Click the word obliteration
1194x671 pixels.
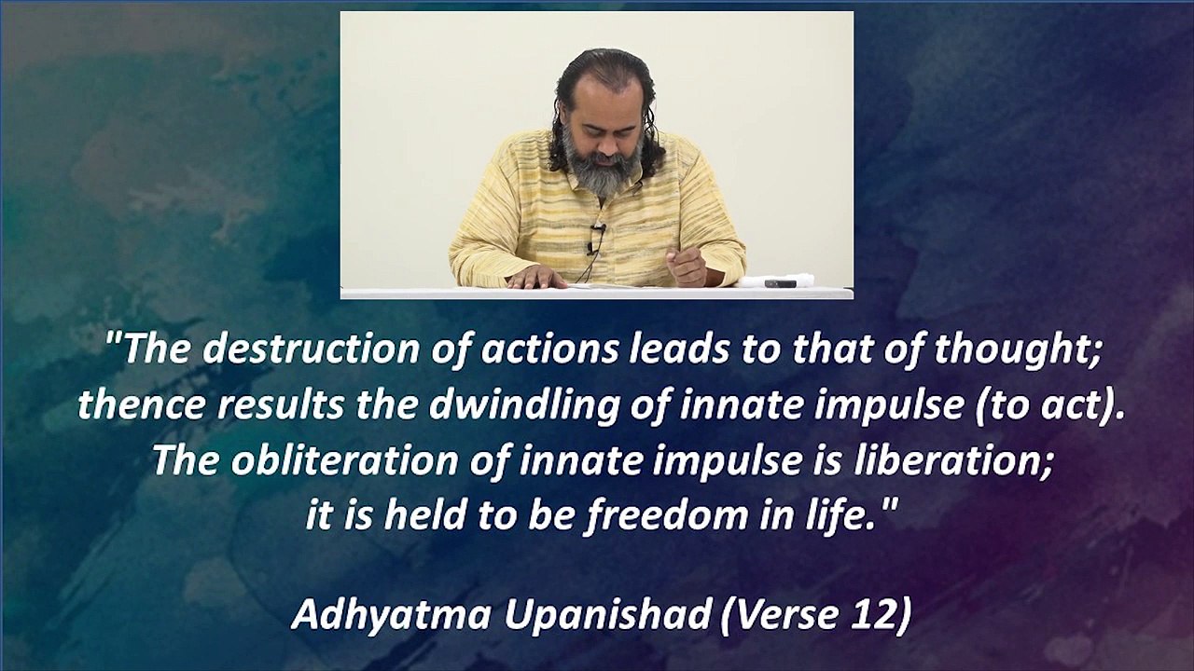(344, 461)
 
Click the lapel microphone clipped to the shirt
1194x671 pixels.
(597, 229)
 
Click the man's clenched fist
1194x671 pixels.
(687, 267)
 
